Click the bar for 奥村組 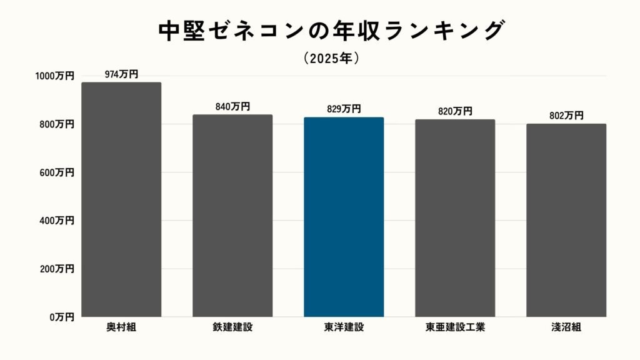tap(121, 200)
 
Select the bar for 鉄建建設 tap(232, 216)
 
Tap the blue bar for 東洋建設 tap(344, 217)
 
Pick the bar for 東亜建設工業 tap(455, 218)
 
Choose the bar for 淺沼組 tap(566, 220)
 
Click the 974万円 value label tap(121, 74)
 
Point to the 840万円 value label tap(232, 107)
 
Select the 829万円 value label tap(344, 109)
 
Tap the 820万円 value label tap(455, 111)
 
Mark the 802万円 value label tap(566, 116)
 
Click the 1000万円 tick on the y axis tap(54, 76)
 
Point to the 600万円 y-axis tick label tap(57, 172)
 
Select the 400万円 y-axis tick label tap(57, 221)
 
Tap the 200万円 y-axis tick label tap(57, 269)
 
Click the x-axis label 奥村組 tap(121, 327)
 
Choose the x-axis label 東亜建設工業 tap(455, 327)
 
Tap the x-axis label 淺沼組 tap(566, 327)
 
